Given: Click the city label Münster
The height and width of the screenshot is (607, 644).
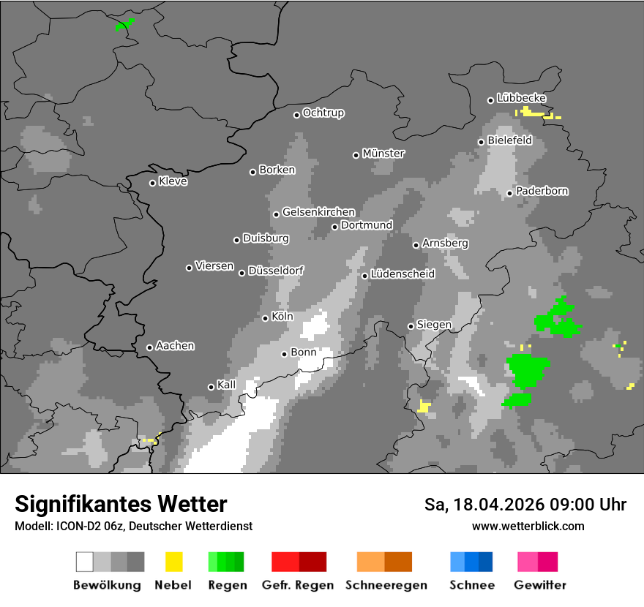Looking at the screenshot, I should pos(383,154).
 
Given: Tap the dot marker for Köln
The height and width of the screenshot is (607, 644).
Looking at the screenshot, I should pos(266,318).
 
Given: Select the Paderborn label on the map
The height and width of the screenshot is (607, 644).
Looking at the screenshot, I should pos(542,192).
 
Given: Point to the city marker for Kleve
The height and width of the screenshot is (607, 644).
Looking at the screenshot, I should pos(153,183).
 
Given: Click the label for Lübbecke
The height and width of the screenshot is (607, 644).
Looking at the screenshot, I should pos(522,98).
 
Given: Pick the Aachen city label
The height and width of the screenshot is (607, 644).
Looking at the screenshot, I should pos(175,346).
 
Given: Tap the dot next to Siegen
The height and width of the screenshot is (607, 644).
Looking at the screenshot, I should pos(411,326).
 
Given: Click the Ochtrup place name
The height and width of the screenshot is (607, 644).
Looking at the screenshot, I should pos(323,113).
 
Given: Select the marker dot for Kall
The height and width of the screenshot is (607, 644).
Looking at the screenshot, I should pos(211,387).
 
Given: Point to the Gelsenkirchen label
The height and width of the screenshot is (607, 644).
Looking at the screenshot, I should pos(318,212).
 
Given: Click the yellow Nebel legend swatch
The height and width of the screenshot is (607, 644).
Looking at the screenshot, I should pos(173,562).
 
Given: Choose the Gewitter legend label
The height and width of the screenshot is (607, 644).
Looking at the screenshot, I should pos(540,585).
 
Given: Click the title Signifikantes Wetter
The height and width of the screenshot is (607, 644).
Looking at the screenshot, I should pos(121,504).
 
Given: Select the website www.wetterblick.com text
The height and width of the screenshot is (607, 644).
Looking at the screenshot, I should pos(528,526).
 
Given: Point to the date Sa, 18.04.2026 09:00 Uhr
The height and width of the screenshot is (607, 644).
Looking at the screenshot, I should pos(525,505).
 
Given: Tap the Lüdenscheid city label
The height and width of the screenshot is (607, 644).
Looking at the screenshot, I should pos(402,274).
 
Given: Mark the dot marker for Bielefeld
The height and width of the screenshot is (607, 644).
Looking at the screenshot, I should pos(482,142).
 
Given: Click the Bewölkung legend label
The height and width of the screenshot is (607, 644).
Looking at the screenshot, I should pos(107,585).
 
